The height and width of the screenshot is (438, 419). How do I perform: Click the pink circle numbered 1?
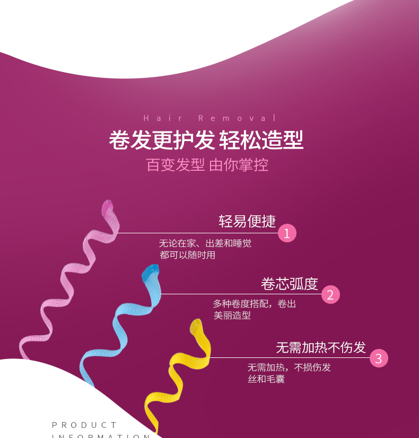[287, 233]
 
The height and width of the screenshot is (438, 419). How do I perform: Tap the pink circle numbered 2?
[330, 295]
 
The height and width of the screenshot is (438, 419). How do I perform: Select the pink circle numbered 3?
[379, 358]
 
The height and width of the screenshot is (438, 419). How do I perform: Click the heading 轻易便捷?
[247, 221]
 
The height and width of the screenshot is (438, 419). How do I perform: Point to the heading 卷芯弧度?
[289, 284]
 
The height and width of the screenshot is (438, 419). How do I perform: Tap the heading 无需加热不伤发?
[321, 347]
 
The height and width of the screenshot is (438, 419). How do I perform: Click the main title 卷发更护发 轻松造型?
[206, 141]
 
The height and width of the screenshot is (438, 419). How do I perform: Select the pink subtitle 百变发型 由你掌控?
[207, 165]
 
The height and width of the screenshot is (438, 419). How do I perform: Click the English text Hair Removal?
[210, 118]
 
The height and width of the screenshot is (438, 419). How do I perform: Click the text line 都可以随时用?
[188, 255]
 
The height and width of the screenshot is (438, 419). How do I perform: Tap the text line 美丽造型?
[232, 316]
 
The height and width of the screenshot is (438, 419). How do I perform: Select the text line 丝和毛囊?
[266, 379]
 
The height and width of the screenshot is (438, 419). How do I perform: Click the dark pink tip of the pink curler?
[107, 207]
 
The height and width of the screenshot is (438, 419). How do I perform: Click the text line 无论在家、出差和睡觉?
[205, 243]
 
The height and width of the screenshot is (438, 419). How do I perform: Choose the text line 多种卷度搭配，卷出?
[255, 304]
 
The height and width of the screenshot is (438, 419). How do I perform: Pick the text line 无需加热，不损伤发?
[289, 367]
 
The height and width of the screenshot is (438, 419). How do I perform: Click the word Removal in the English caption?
[238, 118]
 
